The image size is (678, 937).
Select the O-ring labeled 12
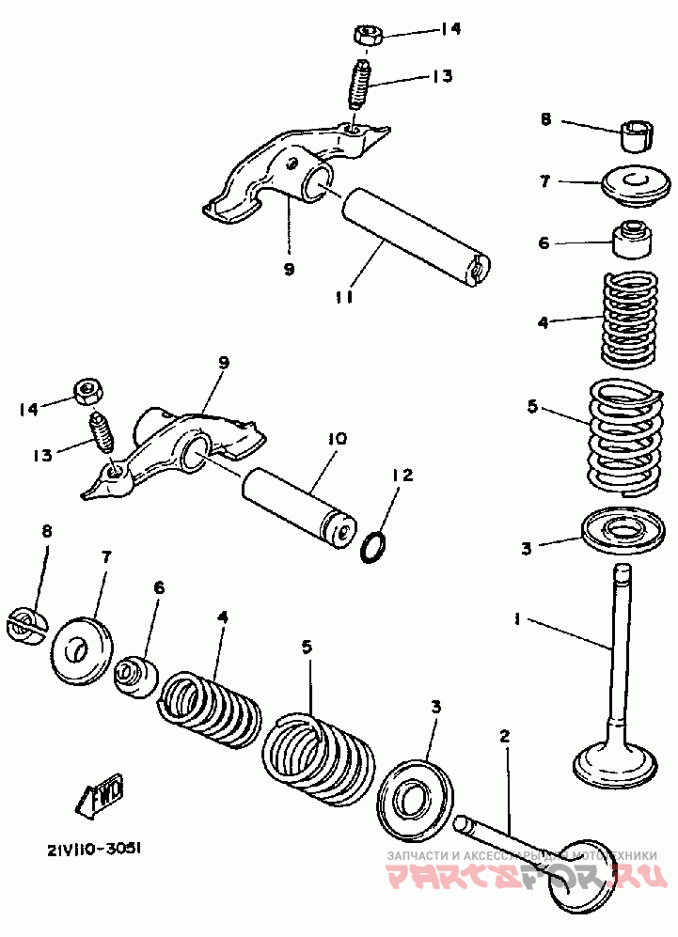click(x=374, y=544)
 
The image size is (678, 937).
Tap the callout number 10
click(x=338, y=439)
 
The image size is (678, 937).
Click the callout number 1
click(x=516, y=618)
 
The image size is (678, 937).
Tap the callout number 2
click(x=505, y=737)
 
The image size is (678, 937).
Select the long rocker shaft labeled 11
click(x=414, y=235)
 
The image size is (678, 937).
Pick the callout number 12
click(x=402, y=476)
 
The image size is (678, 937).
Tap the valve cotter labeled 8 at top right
click(x=638, y=136)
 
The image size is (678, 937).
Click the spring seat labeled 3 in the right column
click(x=624, y=528)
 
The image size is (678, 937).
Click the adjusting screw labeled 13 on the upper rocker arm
click(x=359, y=84)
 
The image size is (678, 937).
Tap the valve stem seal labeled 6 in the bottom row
click(x=135, y=674)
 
